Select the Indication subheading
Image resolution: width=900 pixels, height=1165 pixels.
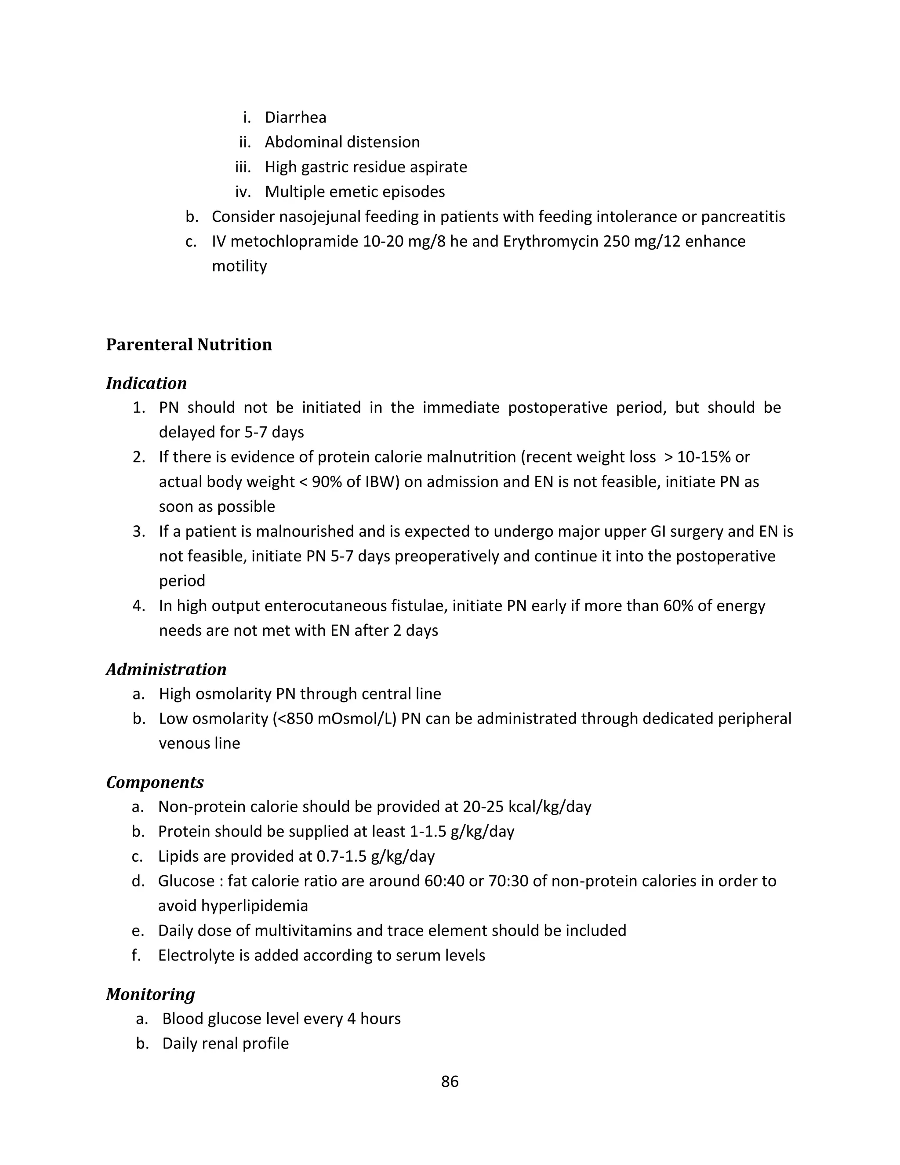(x=146, y=383)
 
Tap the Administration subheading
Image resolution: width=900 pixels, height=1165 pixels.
(x=166, y=669)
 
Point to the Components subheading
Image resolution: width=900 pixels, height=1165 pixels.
(x=155, y=782)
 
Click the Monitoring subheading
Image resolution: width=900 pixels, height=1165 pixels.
(x=150, y=994)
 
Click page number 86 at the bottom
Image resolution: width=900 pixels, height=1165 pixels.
(x=450, y=1081)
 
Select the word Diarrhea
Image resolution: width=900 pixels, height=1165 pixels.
(x=295, y=117)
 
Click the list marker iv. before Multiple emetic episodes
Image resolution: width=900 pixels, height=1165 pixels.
(x=243, y=192)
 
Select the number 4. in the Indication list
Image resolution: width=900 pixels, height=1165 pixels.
(x=138, y=606)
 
